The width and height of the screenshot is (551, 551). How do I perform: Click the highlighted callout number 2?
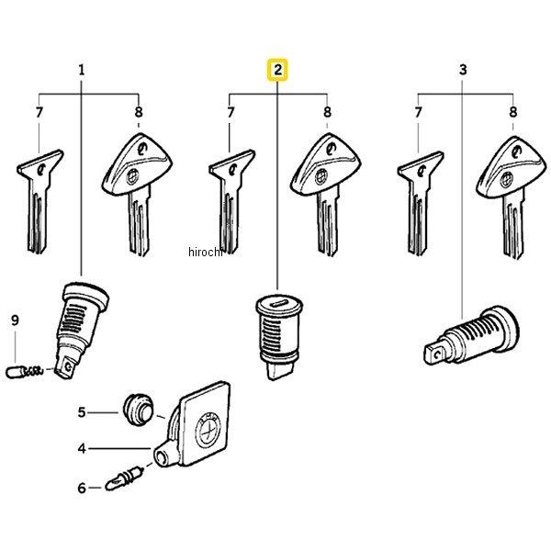tap(277, 70)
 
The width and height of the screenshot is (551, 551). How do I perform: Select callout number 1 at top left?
tap(82, 70)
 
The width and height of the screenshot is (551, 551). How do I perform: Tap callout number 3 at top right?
tap(463, 70)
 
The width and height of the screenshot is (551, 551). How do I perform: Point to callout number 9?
tap(15, 320)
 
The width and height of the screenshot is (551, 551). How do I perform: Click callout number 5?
tap(82, 411)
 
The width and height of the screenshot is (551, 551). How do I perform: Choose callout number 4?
tap(82, 448)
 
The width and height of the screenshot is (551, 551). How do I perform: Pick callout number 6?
tap(82, 488)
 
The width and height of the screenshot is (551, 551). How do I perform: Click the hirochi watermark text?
tap(206, 252)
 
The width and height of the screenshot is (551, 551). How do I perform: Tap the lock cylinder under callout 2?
tap(279, 336)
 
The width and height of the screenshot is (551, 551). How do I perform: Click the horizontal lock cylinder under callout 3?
tap(471, 335)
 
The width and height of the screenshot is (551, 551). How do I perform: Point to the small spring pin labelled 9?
tap(25, 371)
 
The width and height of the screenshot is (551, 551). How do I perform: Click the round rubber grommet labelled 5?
tap(138, 409)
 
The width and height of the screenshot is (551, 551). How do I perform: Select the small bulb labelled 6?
tap(124, 478)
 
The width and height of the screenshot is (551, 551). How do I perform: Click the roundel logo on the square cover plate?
tap(208, 431)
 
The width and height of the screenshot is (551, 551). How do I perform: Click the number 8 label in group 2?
tap(327, 112)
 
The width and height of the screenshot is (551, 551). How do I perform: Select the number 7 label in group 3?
tap(418, 112)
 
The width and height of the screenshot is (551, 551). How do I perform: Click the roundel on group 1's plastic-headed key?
tap(131, 175)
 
